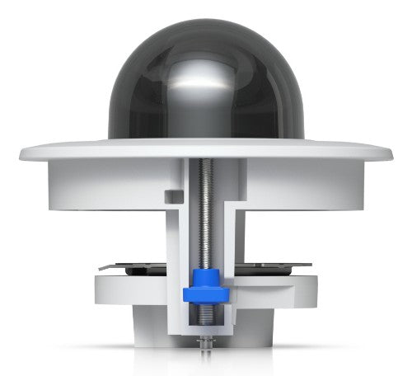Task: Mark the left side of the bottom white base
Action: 148,326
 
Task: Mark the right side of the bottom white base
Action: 264,326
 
